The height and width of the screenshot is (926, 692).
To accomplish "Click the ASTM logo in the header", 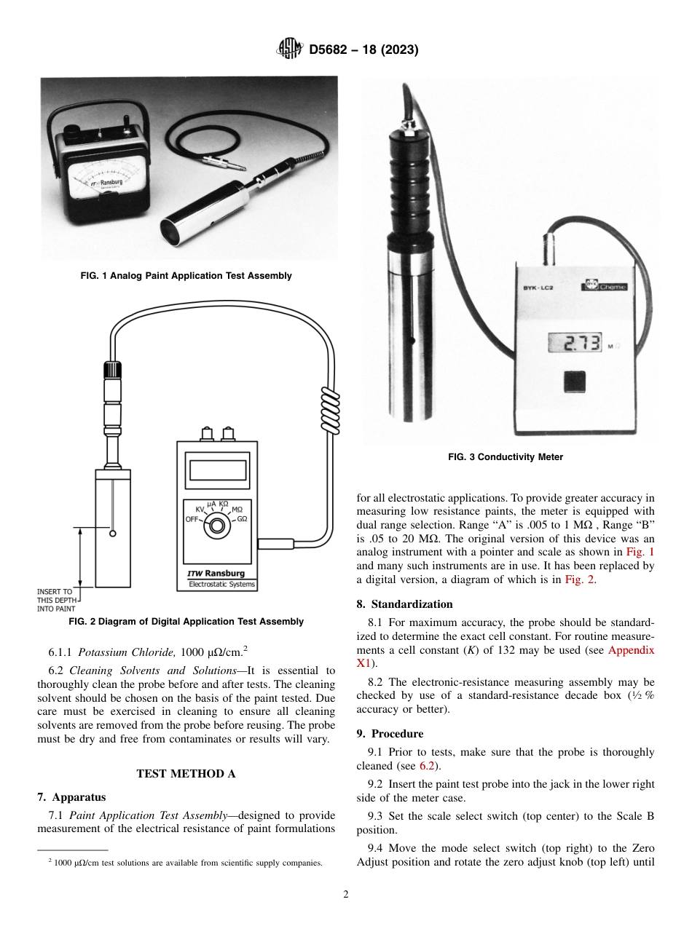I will tap(290, 50).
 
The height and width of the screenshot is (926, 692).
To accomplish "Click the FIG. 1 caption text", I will tap(186, 276).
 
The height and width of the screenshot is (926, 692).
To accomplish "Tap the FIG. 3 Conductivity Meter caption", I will tap(505, 457).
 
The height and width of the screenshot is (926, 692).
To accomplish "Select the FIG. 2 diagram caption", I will tap(186, 622).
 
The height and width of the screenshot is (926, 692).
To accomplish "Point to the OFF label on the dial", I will tap(192, 520).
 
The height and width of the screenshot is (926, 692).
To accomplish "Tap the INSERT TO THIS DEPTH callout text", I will tap(55, 600).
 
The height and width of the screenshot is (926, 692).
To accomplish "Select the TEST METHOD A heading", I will tap(186, 774).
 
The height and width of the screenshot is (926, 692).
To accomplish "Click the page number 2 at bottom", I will tap(345, 895).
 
